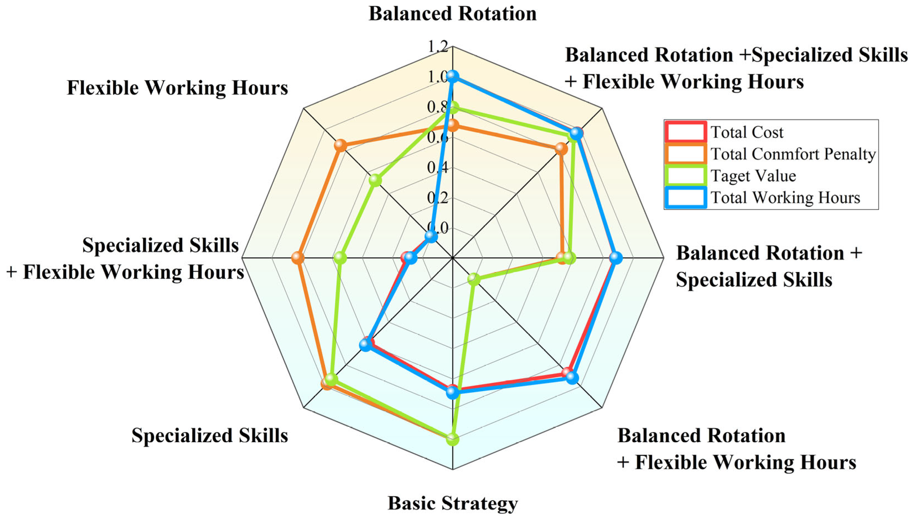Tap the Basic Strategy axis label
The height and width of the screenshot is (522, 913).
click(x=452, y=503)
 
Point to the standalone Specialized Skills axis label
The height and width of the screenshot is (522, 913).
click(x=210, y=435)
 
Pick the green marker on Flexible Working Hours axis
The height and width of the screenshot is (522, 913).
click(x=375, y=180)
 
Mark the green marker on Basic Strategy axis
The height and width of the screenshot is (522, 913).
click(x=453, y=439)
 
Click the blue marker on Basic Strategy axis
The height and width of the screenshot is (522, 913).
click(x=453, y=393)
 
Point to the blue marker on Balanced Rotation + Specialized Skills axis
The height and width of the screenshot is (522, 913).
click(x=616, y=258)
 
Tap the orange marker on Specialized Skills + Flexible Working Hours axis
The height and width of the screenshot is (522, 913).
click(x=297, y=258)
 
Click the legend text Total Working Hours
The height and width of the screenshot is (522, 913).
click(x=785, y=197)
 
